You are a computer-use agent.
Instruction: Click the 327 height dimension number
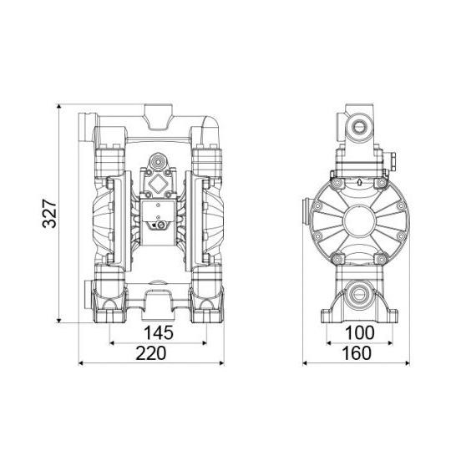(x=49, y=213)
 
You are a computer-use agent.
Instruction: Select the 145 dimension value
(x=158, y=332)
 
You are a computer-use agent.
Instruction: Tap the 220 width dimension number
(x=151, y=353)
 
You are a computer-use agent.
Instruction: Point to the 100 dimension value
(x=359, y=332)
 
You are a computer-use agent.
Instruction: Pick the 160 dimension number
(x=357, y=353)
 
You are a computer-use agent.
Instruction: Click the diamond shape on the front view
(x=158, y=185)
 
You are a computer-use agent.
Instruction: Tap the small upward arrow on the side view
(x=359, y=181)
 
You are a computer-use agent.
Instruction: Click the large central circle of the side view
(x=359, y=220)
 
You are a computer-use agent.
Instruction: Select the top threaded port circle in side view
(x=359, y=127)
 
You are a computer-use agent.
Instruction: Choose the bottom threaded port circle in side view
(x=358, y=295)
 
